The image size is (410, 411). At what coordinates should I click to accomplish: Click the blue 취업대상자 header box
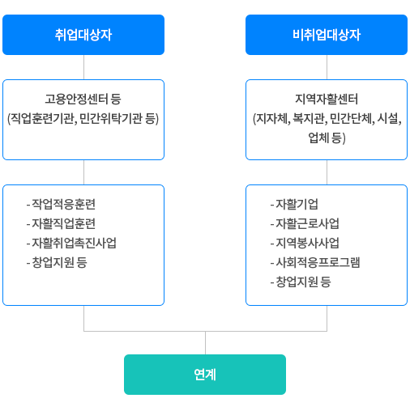click(x=83, y=35)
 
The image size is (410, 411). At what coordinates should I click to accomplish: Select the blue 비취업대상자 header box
click(x=327, y=35)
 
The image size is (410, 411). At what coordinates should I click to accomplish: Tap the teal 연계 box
click(x=205, y=375)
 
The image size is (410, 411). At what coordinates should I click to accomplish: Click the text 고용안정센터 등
click(x=83, y=99)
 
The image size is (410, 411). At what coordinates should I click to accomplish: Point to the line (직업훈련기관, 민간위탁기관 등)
click(x=83, y=118)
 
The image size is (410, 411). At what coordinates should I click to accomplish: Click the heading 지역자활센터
click(x=327, y=99)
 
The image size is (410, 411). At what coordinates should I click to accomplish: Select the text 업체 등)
click(x=327, y=138)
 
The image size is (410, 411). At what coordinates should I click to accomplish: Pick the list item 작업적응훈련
click(x=61, y=204)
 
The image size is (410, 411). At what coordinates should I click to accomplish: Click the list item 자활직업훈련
click(x=61, y=223)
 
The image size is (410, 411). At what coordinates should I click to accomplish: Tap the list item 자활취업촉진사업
click(x=71, y=243)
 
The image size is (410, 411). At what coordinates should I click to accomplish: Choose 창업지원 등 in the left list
click(x=57, y=262)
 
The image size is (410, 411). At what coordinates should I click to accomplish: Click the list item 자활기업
click(x=294, y=204)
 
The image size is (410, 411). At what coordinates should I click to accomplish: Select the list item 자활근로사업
click(x=305, y=223)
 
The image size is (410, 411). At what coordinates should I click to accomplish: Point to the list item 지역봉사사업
click(x=305, y=243)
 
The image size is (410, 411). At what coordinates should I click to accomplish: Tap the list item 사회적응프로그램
click(x=315, y=262)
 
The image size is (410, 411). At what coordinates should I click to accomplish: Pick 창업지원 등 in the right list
click(x=301, y=282)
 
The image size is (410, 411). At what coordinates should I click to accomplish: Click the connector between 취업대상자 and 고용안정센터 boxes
click(x=83, y=67)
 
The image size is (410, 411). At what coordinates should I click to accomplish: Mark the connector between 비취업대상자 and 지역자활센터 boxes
click(x=327, y=67)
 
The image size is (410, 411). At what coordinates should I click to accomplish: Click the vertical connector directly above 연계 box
click(x=205, y=343)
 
